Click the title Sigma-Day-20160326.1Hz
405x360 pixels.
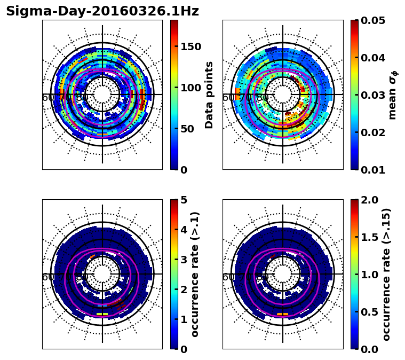click(x=102, y=12)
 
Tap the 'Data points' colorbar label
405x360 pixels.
click(x=209, y=95)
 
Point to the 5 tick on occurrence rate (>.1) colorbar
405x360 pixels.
click(x=184, y=200)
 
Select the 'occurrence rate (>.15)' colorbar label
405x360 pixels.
click(x=387, y=275)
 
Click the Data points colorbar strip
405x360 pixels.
click(x=174, y=95)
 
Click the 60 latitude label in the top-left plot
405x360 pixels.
click(x=47, y=98)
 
